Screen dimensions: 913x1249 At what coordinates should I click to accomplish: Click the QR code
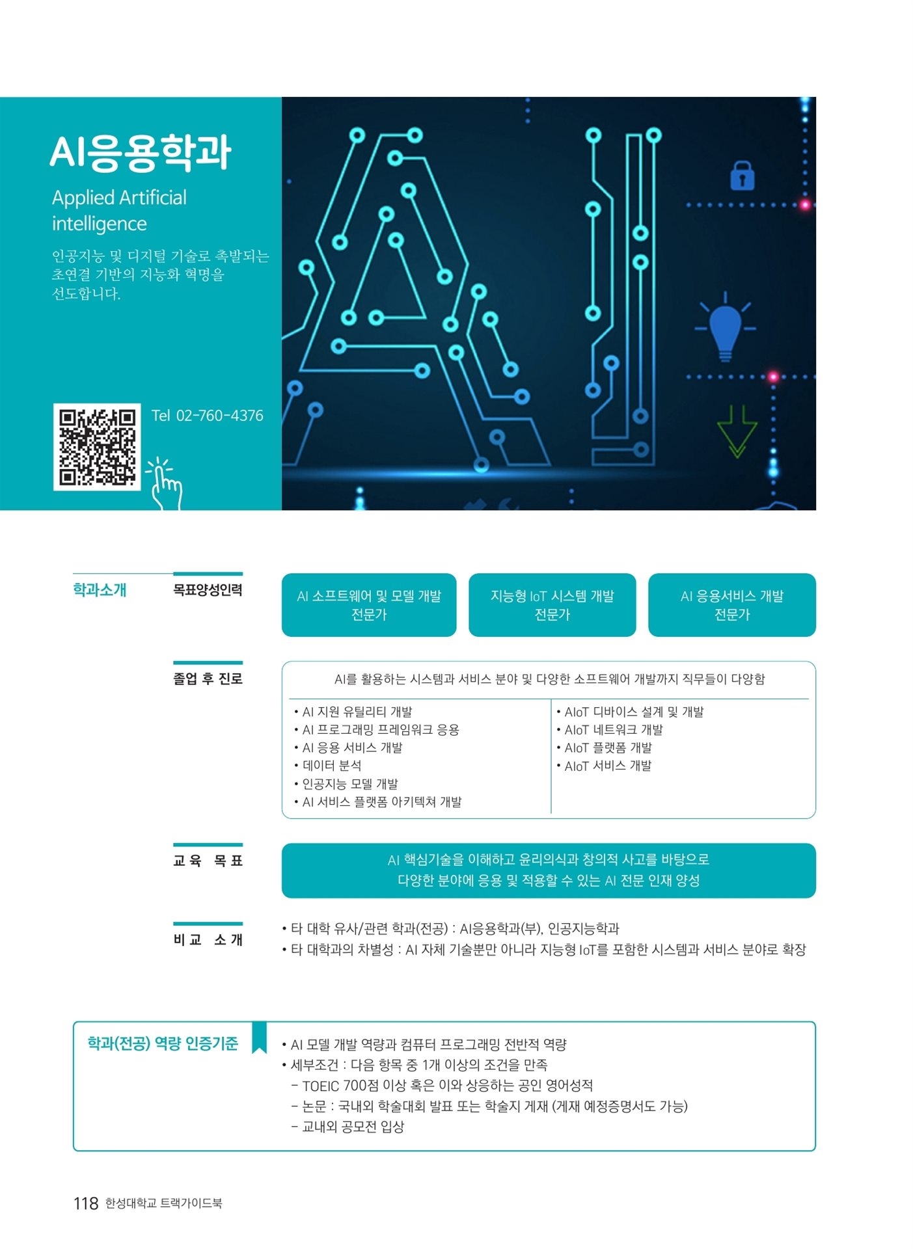tap(97, 447)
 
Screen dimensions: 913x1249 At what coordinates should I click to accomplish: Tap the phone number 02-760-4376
tap(220, 416)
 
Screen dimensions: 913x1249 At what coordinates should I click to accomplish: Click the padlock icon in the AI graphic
tap(742, 175)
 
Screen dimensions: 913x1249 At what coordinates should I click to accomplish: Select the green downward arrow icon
tap(737, 431)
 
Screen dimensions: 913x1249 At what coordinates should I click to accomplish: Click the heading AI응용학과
tap(141, 153)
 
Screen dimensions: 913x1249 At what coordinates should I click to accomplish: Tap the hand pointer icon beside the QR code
tap(165, 484)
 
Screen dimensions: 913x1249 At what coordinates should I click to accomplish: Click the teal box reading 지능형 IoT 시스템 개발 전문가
tap(552, 605)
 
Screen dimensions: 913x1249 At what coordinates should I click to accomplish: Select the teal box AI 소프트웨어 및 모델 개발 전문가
tap(369, 605)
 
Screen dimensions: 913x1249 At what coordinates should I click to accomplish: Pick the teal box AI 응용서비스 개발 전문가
tap(732, 605)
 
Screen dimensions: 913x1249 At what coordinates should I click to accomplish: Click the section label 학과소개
tap(100, 590)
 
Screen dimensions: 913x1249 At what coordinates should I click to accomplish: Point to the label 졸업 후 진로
tap(208, 679)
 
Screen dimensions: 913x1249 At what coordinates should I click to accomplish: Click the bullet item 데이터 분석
tap(328, 766)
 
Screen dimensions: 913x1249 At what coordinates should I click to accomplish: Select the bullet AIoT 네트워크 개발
tap(610, 730)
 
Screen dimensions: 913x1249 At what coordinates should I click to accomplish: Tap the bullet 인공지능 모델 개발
tap(346, 784)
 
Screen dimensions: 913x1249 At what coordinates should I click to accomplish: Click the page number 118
tap(86, 1203)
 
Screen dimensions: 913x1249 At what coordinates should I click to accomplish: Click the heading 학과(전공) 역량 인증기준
tap(163, 1044)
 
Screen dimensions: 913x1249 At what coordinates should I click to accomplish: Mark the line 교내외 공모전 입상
tap(347, 1127)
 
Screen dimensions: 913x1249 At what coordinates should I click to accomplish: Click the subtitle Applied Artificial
tap(119, 198)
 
